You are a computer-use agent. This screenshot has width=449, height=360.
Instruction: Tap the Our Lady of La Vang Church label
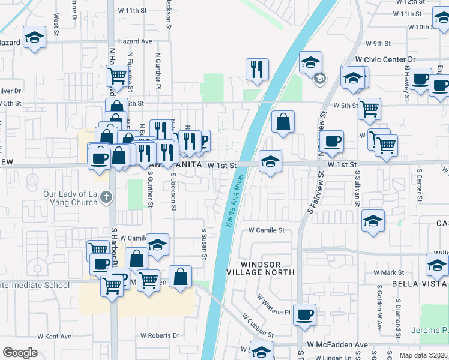click(x=70, y=198)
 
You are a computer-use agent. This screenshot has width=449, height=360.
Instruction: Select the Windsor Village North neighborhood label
click(x=268, y=268)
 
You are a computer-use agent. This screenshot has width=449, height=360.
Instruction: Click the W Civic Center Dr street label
click(x=385, y=60)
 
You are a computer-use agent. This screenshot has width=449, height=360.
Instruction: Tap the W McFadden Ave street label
click(x=337, y=345)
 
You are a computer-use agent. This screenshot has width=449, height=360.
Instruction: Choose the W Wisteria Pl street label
click(x=273, y=304)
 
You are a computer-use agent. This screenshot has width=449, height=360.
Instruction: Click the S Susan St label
click(x=205, y=244)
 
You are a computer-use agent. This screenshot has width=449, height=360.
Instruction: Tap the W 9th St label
click(x=378, y=44)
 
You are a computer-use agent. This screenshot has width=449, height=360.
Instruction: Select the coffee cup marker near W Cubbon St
click(x=304, y=314)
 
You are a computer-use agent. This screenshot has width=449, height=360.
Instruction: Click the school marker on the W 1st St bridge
click(x=271, y=161)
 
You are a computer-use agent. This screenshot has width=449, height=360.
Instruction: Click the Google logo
click(x=20, y=353)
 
